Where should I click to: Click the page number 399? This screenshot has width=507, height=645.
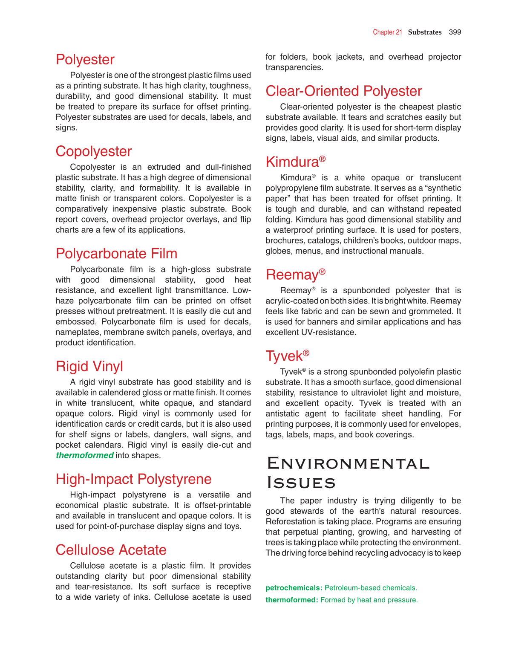coord(455,32)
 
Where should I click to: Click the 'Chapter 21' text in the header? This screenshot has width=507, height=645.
coord(387,32)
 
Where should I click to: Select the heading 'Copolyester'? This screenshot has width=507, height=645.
coord(94,151)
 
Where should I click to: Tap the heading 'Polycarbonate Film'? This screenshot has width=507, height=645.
coord(116,254)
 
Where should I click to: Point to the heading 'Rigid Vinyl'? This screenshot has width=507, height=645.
coord(89,366)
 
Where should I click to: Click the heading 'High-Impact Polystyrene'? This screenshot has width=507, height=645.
coord(133,479)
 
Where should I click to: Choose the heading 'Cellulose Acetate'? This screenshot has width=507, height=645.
coord(111,550)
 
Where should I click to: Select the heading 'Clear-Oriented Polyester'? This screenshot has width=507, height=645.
coord(343,91)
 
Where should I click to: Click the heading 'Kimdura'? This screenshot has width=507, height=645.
coord(292,162)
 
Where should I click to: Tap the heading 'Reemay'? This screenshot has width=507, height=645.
coord(292,275)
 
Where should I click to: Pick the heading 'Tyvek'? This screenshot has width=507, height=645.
coord(284,356)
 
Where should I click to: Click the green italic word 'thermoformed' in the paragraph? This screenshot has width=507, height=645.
coord(85,455)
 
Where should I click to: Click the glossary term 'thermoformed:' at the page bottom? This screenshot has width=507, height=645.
coord(292,600)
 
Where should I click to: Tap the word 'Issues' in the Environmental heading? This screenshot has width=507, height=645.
coord(301,483)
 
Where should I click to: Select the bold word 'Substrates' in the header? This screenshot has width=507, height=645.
coord(425,32)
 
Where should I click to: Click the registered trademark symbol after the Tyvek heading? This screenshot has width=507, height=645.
coord(306,353)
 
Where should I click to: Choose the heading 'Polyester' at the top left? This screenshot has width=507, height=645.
coord(85,60)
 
